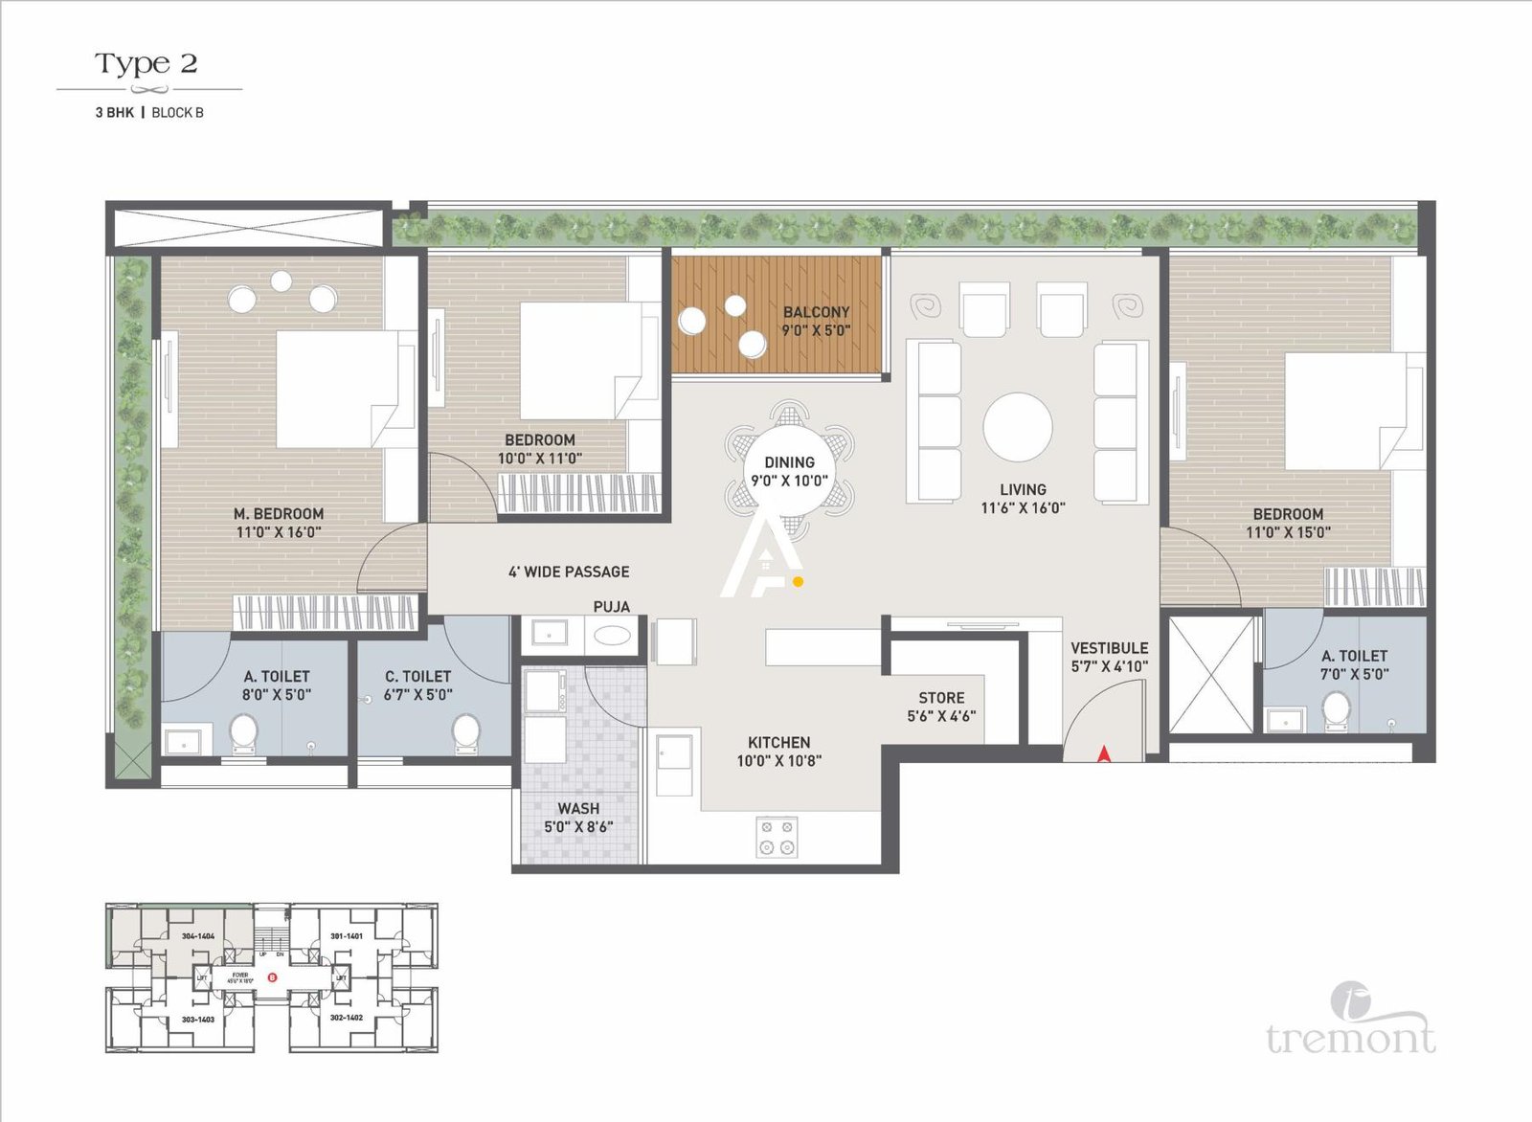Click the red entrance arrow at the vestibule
tap(1104, 753)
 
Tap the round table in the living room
tap(1018, 427)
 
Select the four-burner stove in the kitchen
tap(777, 836)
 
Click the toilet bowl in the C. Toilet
tap(466, 730)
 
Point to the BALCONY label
tap(816, 312)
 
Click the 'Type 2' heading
tap(146, 64)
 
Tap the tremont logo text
tap(1350, 1038)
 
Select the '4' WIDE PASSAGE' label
tap(569, 572)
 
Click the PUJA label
tap(611, 606)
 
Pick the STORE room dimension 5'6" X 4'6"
tap(941, 716)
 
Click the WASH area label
tap(578, 809)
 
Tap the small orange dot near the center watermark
tap(799, 580)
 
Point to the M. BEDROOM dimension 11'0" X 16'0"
tap(279, 532)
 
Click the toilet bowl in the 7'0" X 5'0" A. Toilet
tap(1336, 710)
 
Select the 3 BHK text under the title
tap(114, 112)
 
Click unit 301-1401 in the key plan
tap(346, 935)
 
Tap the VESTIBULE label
tap(1109, 648)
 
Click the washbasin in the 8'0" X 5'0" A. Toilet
tap(182, 741)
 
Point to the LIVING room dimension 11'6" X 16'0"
tap(1023, 508)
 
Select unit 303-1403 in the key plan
tap(197, 1020)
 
